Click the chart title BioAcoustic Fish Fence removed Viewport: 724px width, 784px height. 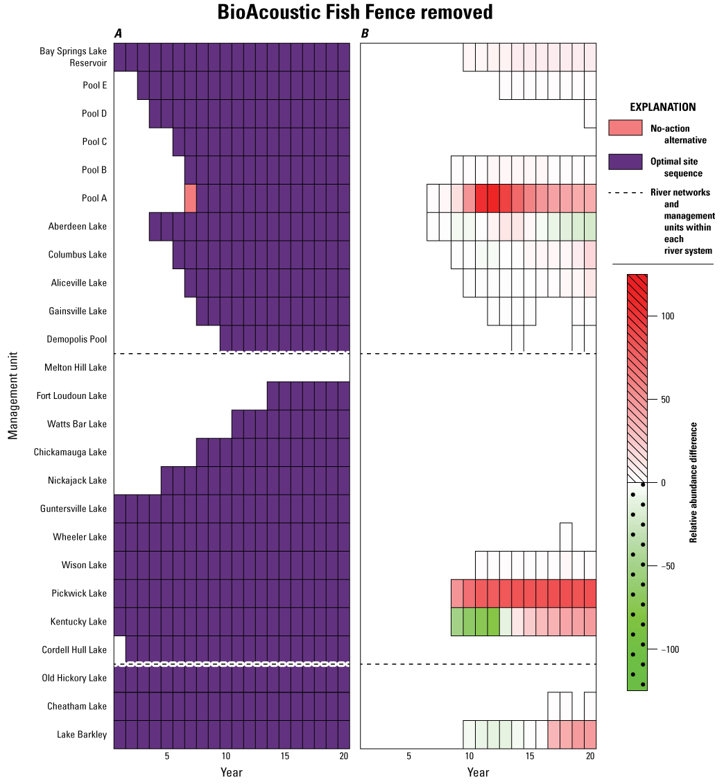point(354,12)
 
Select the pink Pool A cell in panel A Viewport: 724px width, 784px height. point(191,198)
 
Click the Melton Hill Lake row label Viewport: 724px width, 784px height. point(76,367)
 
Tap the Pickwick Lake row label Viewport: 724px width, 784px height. point(79,593)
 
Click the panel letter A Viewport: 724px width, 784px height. point(118,33)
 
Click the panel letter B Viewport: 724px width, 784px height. point(365,33)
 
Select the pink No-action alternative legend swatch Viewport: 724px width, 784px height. point(626,128)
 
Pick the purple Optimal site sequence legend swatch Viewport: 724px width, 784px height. point(626,162)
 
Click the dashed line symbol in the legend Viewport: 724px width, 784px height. point(626,193)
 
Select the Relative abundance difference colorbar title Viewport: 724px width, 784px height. point(693,482)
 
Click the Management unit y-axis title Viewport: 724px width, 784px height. point(13,395)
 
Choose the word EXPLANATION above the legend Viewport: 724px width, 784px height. point(662,108)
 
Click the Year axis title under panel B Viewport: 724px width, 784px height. point(478,772)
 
